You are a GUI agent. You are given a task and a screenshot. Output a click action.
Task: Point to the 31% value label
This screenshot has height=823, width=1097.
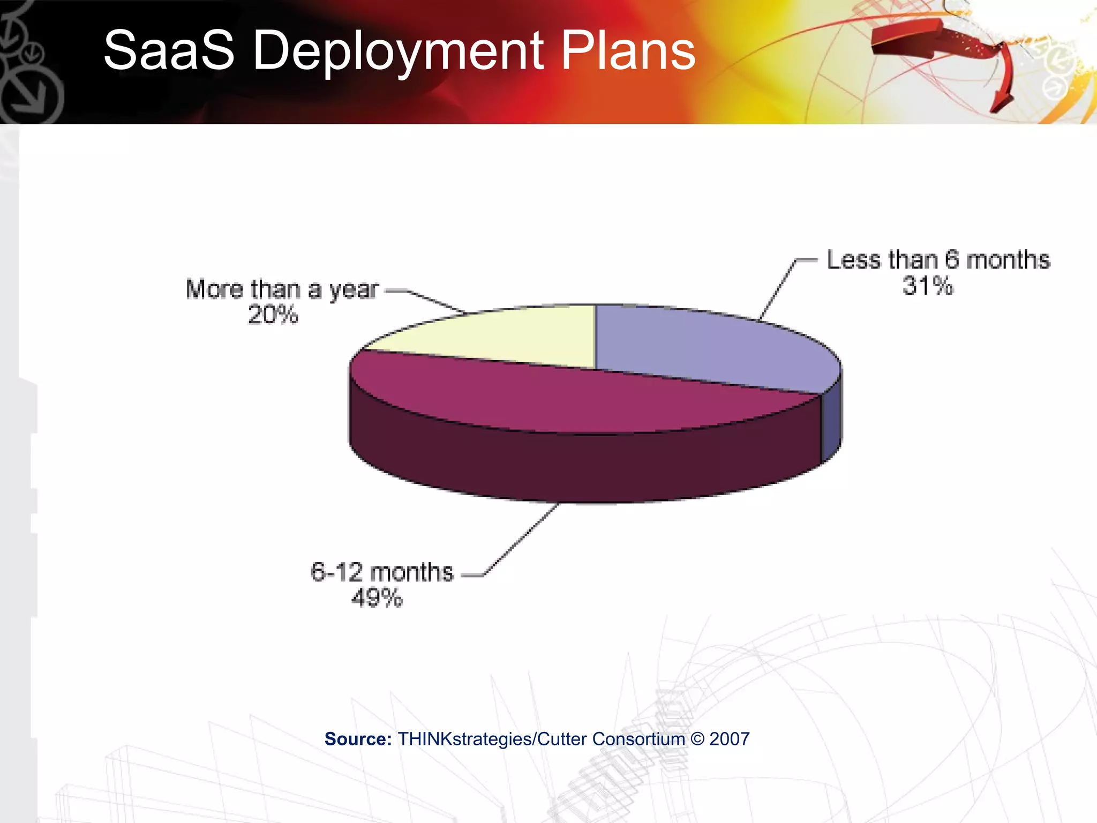point(928,286)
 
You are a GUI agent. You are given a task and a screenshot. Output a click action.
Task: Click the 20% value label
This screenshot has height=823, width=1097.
point(273,315)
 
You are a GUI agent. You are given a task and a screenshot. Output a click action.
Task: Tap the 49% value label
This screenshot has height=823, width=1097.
point(377,597)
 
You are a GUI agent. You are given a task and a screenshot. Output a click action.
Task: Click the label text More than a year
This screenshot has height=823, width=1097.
point(282,289)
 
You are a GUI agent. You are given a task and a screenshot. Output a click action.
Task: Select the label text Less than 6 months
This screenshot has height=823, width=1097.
point(938,260)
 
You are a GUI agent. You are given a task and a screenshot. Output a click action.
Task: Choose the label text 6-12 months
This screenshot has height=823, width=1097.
point(382,572)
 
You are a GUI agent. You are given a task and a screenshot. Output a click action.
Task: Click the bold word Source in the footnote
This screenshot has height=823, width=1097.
point(358,739)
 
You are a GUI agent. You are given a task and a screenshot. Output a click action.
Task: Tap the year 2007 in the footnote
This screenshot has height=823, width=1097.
point(729,739)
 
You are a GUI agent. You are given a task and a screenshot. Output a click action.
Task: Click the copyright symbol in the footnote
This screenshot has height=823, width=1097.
point(697,739)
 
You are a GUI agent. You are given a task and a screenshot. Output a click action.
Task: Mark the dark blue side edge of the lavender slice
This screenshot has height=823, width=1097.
point(831,423)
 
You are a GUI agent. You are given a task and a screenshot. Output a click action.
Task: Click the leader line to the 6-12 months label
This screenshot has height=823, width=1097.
point(520,541)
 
